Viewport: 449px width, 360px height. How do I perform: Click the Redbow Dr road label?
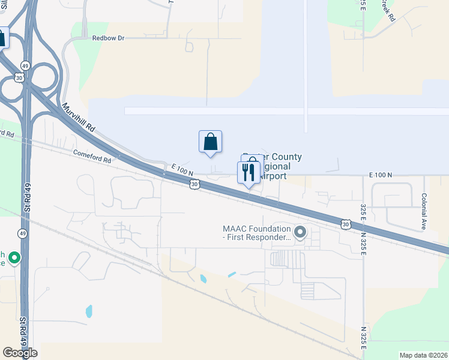108,38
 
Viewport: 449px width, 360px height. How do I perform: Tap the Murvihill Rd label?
79,118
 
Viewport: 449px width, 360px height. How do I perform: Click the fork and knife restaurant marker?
249,172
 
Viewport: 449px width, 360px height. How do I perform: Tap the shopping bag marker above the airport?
210,142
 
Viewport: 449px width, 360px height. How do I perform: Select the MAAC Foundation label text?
256,232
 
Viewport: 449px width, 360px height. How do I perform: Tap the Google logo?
20,353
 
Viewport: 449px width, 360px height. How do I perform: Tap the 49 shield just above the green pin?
22,233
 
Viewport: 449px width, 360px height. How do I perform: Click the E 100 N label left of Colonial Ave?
379,175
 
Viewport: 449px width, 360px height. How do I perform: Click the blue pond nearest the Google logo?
89,311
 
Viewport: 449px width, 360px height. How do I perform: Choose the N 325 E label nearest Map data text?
364,338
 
